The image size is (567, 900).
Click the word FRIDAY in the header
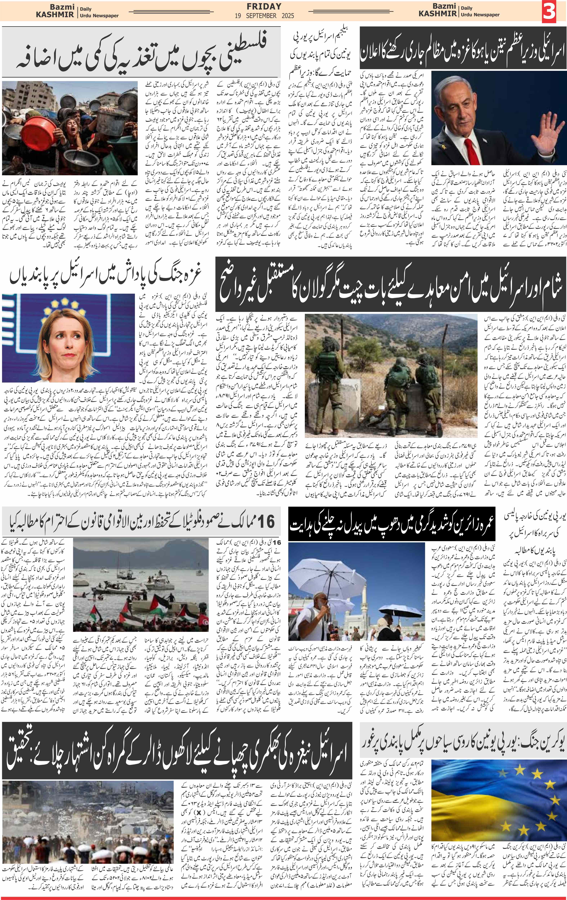pos(264,6)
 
